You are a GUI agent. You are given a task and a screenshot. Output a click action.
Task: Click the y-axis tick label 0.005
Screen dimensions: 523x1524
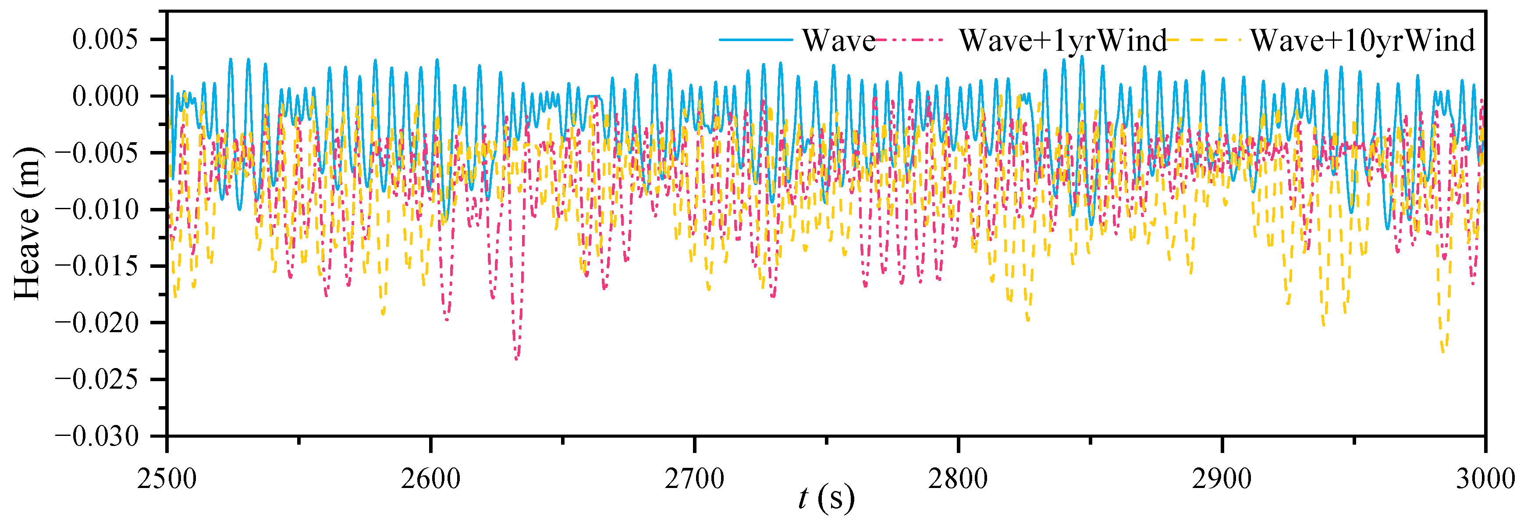(x=105, y=39)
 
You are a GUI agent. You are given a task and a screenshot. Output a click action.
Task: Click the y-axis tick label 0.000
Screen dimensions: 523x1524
(x=105, y=96)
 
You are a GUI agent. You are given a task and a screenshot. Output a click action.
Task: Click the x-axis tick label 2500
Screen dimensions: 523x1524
(x=167, y=478)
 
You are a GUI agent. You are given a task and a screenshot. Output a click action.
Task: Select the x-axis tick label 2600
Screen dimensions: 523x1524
(x=431, y=478)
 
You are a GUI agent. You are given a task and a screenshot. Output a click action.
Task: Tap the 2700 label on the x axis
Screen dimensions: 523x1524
(x=694, y=478)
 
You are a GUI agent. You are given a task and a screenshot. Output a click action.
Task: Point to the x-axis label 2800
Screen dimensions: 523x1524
(x=958, y=478)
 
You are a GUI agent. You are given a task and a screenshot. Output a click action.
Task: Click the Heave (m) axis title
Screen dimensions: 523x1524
(x=27, y=223)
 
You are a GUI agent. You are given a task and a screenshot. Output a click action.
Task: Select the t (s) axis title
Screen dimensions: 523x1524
(x=826, y=498)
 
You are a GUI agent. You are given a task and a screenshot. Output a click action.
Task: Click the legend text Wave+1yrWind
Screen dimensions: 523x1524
(x=1062, y=41)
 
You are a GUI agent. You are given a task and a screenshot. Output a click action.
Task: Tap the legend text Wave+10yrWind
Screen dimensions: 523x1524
(x=1362, y=41)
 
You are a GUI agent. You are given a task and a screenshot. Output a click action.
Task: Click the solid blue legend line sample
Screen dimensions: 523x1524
(x=756, y=39)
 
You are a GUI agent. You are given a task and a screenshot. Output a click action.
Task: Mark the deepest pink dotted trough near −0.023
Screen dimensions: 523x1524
(x=516, y=358)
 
